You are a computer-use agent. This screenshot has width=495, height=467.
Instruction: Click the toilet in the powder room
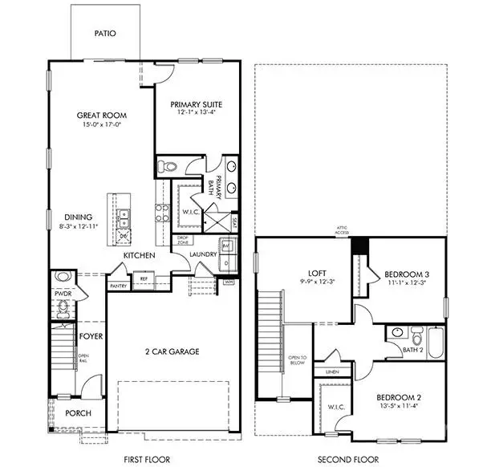tap(64, 279)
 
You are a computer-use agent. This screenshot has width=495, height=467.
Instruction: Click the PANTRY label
tap(118, 285)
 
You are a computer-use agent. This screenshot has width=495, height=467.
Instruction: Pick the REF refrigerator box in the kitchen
tap(144, 279)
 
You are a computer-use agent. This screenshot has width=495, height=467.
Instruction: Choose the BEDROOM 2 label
tap(398, 397)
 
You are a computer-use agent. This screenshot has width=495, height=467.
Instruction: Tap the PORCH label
tap(78, 413)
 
